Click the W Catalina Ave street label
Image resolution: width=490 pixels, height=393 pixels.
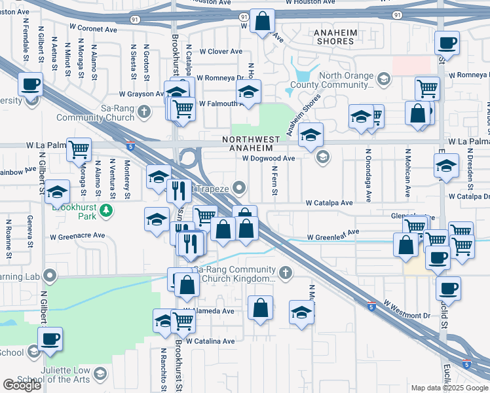pos(210,341)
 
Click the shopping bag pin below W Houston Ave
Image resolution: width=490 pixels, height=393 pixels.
pos(262,22)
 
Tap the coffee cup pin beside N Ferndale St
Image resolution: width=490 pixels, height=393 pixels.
pos(30,84)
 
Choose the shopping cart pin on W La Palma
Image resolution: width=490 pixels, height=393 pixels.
pos(79,149)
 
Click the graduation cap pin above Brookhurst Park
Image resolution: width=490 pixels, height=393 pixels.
pos(58,191)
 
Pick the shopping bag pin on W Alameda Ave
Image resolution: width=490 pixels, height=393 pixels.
pos(260,308)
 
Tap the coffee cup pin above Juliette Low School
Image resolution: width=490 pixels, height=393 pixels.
pos(50,339)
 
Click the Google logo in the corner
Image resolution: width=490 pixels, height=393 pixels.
pos(22,385)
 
